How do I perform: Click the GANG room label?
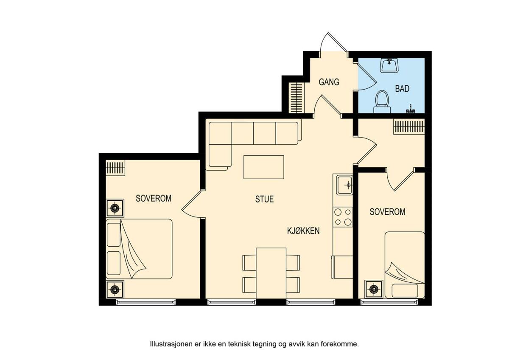click(329, 82)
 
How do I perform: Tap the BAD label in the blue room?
click(402, 88)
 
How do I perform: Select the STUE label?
click(264, 199)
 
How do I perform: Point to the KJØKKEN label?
click(303, 231)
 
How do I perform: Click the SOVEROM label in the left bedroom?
click(154, 198)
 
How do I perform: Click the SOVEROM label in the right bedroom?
click(387, 212)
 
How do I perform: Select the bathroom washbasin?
click(389, 65)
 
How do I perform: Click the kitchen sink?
click(344, 185)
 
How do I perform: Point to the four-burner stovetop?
click(343, 217)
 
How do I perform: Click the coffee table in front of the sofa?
click(264, 167)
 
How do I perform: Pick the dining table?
click(271, 273)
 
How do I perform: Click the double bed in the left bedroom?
click(139, 249)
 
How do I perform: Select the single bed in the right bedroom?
click(405, 265)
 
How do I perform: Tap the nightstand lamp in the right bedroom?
click(374, 289)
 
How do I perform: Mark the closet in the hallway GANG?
click(296, 98)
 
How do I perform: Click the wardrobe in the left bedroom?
click(115, 168)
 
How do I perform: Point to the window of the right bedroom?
click(389, 302)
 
